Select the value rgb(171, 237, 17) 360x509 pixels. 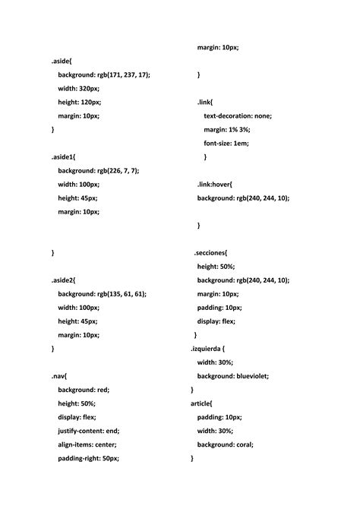[123, 74]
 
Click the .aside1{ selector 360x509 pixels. [64, 156]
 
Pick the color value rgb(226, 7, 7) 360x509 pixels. [118, 171]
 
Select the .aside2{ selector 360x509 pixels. [64, 280]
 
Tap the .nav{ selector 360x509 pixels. [60, 376]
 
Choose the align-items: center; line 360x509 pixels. [87, 444]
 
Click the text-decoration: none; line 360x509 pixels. [238, 115]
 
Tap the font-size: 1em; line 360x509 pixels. [226, 143]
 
